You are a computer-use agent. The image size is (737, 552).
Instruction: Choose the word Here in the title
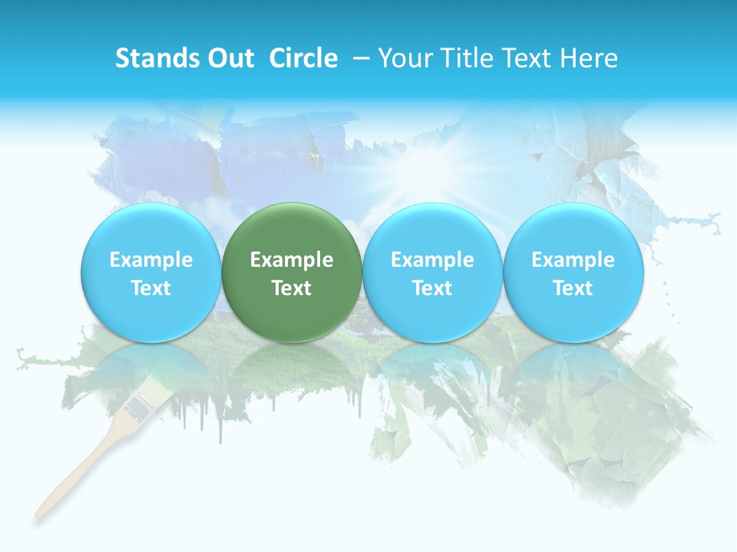(590, 58)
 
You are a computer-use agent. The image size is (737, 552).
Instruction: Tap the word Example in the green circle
(292, 260)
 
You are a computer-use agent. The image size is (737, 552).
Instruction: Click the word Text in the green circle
(292, 288)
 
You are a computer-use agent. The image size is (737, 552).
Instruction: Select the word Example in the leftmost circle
(150, 260)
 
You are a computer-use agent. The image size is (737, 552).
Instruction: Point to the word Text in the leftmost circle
(150, 288)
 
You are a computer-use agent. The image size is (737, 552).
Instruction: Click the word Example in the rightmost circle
(573, 260)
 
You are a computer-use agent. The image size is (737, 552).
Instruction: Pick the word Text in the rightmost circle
(573, 288)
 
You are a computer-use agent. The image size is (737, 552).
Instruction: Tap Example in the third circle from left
(432, 260)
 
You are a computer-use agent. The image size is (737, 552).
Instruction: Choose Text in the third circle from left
(432, 288)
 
